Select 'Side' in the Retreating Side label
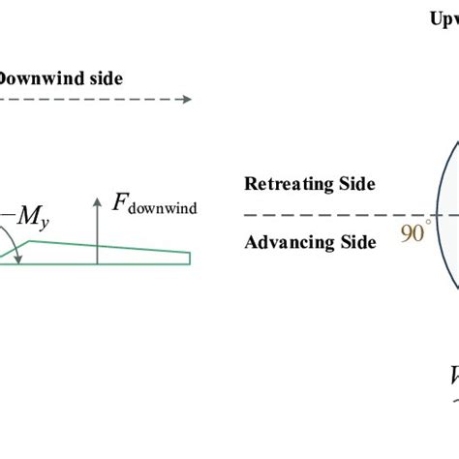click(353, 184)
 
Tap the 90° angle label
click(414, 233)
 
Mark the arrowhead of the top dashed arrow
click(186, 99)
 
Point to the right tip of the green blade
click(189, 258)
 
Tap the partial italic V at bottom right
click(452, 376)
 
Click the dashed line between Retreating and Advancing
click(320, 214)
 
